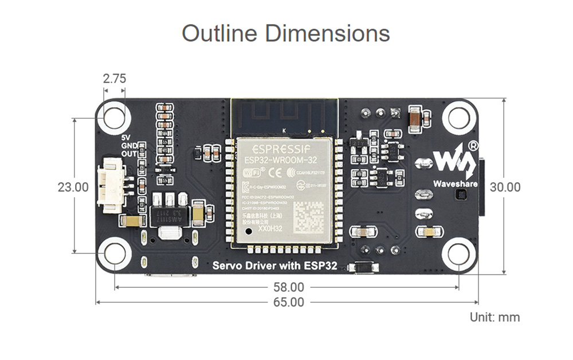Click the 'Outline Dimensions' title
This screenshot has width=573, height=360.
click(286, 33)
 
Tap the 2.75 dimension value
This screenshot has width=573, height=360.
click(114, 79)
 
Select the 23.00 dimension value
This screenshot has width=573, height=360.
click(73, 187)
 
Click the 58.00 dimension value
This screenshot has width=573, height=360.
click(288, 287)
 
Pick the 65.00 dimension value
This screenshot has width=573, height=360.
click(288, 302)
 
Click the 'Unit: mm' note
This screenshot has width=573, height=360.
click(495, 317)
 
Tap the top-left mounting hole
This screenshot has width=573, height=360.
click(114, 118)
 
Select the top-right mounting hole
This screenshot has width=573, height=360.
click(459, 118)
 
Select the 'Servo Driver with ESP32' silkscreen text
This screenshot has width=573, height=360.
click(274, 265)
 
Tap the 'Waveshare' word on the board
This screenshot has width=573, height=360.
click(456, 184)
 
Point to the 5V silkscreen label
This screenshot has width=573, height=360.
click(127, 138)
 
